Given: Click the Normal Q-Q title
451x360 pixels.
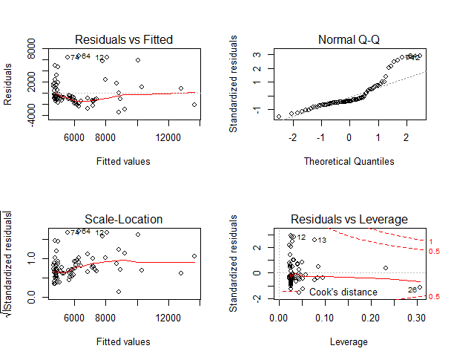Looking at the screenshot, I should pos(349,39).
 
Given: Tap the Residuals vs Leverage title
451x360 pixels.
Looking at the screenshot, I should pos(349,220).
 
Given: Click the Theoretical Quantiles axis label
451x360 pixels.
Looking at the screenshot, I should pos(349,160).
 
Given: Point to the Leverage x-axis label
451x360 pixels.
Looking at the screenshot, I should pos(349,341).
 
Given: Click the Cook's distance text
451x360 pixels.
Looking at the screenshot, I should pos(343,292).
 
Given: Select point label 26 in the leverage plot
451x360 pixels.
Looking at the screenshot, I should pos(412,289).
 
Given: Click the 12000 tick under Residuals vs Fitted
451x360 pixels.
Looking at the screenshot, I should pos(169,137).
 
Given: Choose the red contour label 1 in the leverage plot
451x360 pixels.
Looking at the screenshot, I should pos(431,242).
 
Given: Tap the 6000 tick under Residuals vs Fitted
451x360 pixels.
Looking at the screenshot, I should pos(74,137).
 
